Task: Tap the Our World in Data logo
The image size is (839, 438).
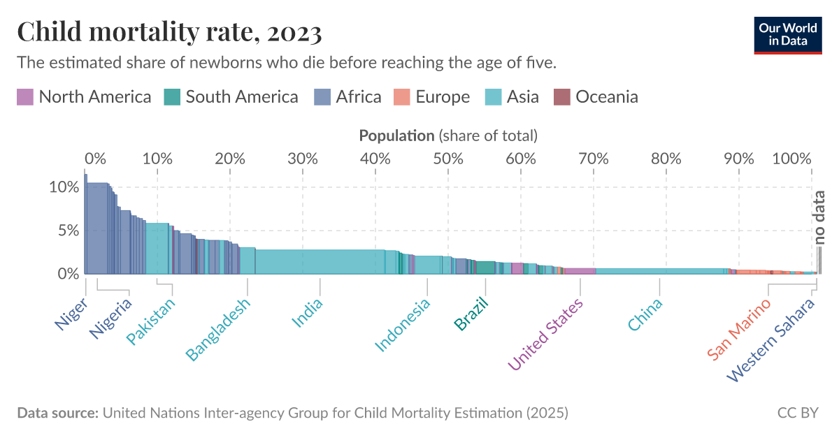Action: pyautogui.click(x=788, y=34)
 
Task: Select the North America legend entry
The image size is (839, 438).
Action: pyautogui.click(x=84, y=96)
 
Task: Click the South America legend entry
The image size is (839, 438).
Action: pyautogui.click(x=231, y=96)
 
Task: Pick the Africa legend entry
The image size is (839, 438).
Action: pyautogui.click(x=347, y=96)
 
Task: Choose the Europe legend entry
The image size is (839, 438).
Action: pyautogui.click(x=431, y=96)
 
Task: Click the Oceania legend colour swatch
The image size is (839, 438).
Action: pyautogui.click(x=561, y=96)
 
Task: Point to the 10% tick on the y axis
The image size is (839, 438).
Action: pyautogui.click(x=63, y=187)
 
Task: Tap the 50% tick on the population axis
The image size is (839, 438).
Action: pyautogui.click(x=448, y=158)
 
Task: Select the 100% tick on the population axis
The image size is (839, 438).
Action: pyautogui.click(x=792, y=158)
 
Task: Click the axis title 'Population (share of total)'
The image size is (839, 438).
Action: pyautogui.click(x=447, y=136)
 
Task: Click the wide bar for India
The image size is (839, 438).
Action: pyautogui.click(x=320, y=262)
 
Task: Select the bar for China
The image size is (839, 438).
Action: pyautogui.click(x=660, y=271)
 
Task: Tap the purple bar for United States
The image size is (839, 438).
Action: pyautogui.click(x=580, y=271)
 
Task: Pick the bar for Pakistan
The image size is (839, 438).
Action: pyautogui.click(x=157, y=249)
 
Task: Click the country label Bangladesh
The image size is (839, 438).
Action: pyautogui.click(x=218, y=330)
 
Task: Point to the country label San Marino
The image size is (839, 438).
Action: pyautogui.click(x=739, y=328)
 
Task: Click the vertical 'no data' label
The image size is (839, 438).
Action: pyautogui.click(x=820, y=217)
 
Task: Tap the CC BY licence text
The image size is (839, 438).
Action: pyautogui.click(x=797, y=413)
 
